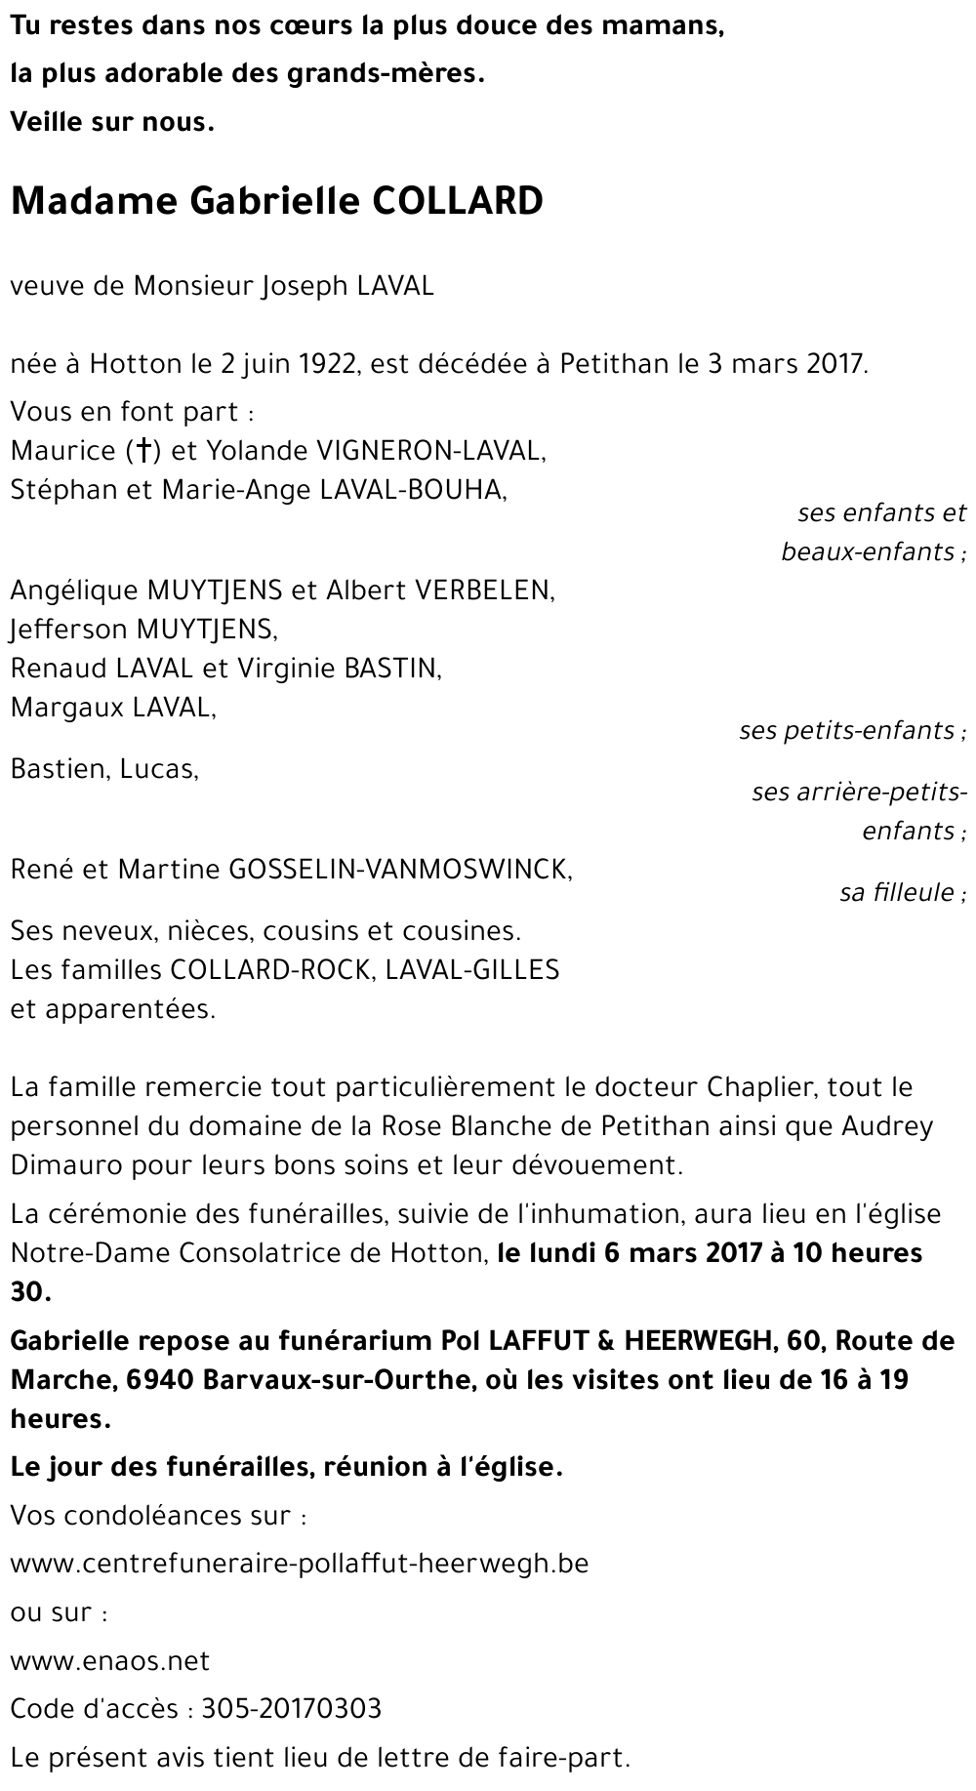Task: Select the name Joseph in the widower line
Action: [x=303, y=287]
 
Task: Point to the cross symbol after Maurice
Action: [x=143, y=451]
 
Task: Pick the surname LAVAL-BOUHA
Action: [x=412, y=490]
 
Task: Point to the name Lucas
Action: [x=157, y=769]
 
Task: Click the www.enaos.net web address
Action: [x=110, y=1661]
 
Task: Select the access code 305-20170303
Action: [x=291, y=1709]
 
